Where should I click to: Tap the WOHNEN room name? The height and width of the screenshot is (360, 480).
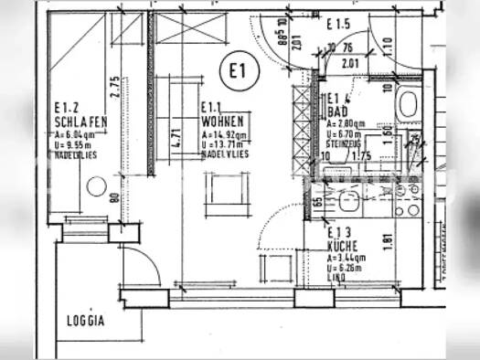click(x=223, y=120)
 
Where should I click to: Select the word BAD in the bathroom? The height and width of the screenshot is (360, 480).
click(x=335, y=110)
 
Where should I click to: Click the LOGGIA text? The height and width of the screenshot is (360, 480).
click(x=86, y=321)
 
